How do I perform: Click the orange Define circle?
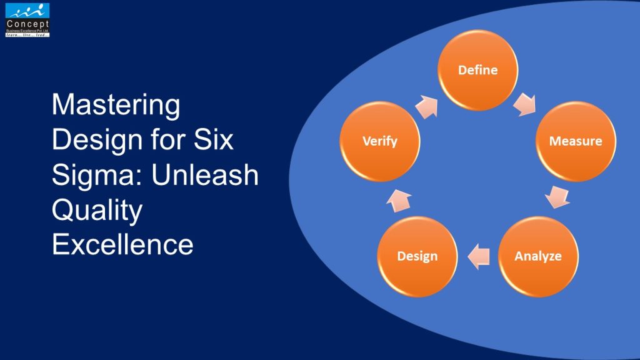pyautogui.click(x=477, y=70)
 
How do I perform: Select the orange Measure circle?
pyautogui.click(x=576, y=141)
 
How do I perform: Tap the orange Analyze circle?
pyautogui.click(x=538, y=256)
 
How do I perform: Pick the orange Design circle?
pyautogui.click(x=417, y=256)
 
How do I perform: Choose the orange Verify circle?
pyautogui.click(x=380, y=141)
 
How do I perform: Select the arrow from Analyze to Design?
pyautogui.click(x=479, y=256)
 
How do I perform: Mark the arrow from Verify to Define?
pyautogui.click(x=428, y=107)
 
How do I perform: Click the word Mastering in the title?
pyautogui.click(x=116, y=106)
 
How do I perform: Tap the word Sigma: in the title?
pyautogui.click(x=96, y=175)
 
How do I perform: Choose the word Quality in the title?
pyautogui.click(x=97, y=211)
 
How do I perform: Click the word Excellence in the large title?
pyautogui.click(x=122, y=244)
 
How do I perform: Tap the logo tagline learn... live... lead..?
pyautogui.click(x=27, y=34)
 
